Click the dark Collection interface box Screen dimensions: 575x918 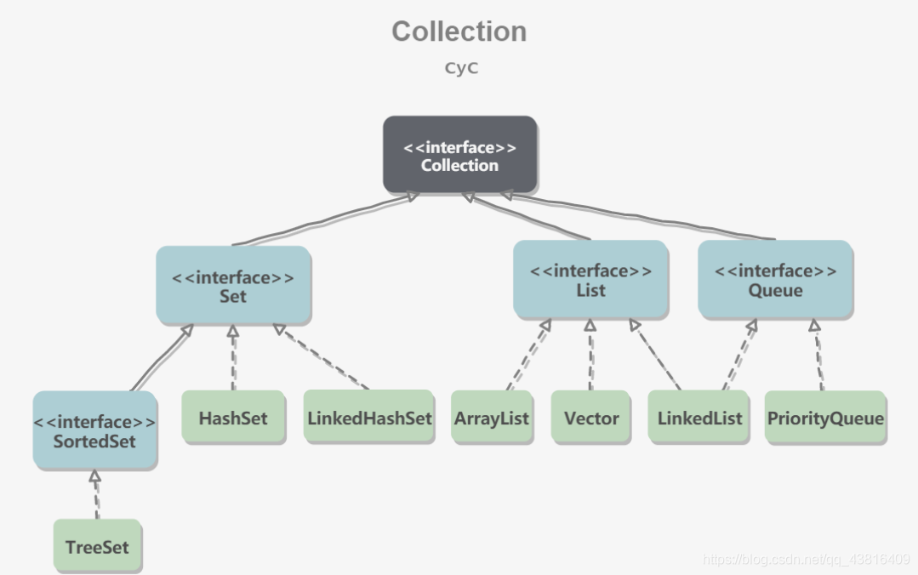click(459, 155)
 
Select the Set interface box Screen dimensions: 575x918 click(232, 286)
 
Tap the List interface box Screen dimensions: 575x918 click(590, 280)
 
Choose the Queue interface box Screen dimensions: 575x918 click(775, 280)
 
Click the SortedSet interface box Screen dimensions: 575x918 click(94, 431)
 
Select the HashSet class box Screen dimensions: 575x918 click(233, 418)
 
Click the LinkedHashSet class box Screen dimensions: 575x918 click(369, 418)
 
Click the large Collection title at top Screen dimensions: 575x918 click(459, 31)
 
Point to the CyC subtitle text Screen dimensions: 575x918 click(461, 69)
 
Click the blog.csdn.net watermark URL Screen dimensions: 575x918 click(807, 559)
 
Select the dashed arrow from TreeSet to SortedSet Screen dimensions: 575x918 click(95, 495)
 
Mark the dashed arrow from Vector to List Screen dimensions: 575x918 click(590, 356)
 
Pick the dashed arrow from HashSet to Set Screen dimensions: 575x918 click(233, 357)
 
